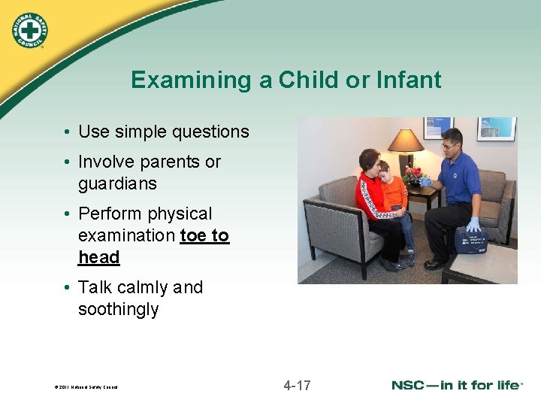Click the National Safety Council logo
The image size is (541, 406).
click(30, 30)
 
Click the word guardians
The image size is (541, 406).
click(117, 183)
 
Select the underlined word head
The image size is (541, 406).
click(99, 257)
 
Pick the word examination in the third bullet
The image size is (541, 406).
click(126, 235)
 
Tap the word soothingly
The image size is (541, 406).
click(118, 309)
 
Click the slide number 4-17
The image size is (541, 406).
click(297, 386)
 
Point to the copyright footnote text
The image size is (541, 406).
click(86, 387)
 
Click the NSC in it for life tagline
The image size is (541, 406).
click(456, 386)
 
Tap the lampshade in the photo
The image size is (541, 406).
click(405, 141)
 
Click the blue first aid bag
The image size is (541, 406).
click(472, 240)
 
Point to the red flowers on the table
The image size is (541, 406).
click(413, 174)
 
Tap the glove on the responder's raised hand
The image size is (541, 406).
click(425, 181)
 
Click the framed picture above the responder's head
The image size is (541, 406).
click(496, 128)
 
